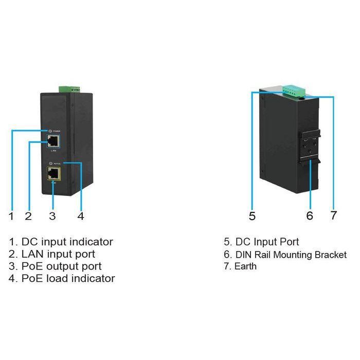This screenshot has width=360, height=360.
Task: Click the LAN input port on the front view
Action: pyautogui.click(x=52, y=142)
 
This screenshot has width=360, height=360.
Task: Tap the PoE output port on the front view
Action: pyautogui.click(x=53, y=173)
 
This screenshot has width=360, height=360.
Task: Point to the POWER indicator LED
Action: pyautogui.click(x=50, y=132)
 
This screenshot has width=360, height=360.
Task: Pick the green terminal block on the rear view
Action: pyautogui.click(x=293, y=91)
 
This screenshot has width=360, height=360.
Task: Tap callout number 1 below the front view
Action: pyautogui.click(x=11, y=216)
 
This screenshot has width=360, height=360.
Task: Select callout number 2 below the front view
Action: pyautogui.click(x=28, y=216)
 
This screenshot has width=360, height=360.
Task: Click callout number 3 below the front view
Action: pyautogui.click(x=52, y=216)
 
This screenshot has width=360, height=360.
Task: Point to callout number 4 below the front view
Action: pyautogui.click(x=80, y=216)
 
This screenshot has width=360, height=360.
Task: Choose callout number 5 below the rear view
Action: pyautogui.click(x=252, y=216)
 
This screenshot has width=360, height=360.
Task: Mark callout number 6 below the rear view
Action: pyautogui.click(x=310, y=216)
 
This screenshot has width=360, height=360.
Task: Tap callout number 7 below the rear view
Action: pyautogui.click(x=334, y=216)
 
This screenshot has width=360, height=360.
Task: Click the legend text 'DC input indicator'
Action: pyautogui.click(x=67, y=242)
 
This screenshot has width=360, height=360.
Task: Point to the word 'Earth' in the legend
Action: pyautogui.click(x=245, y=266)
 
